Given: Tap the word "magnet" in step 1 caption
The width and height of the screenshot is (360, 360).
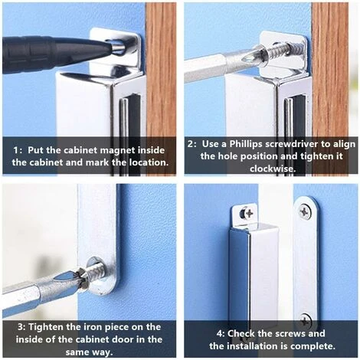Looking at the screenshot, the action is coord(117,150).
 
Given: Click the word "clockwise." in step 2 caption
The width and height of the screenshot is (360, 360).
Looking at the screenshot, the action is coord(272,169).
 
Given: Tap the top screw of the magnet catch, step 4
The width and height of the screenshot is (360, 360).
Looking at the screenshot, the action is coord(247,213).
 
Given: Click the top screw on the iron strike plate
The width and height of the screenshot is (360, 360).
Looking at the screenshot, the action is coord(306,211).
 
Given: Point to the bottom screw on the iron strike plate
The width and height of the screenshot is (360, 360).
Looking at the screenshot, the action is coord(306,319).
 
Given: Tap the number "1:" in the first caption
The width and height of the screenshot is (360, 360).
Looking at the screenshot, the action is coord(18,150).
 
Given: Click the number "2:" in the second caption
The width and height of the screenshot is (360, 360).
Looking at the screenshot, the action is coord(192,144).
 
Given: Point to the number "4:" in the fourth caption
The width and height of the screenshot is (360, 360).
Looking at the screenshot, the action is coord(221,334).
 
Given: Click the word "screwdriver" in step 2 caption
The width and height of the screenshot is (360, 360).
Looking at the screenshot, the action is coord(292,144).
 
